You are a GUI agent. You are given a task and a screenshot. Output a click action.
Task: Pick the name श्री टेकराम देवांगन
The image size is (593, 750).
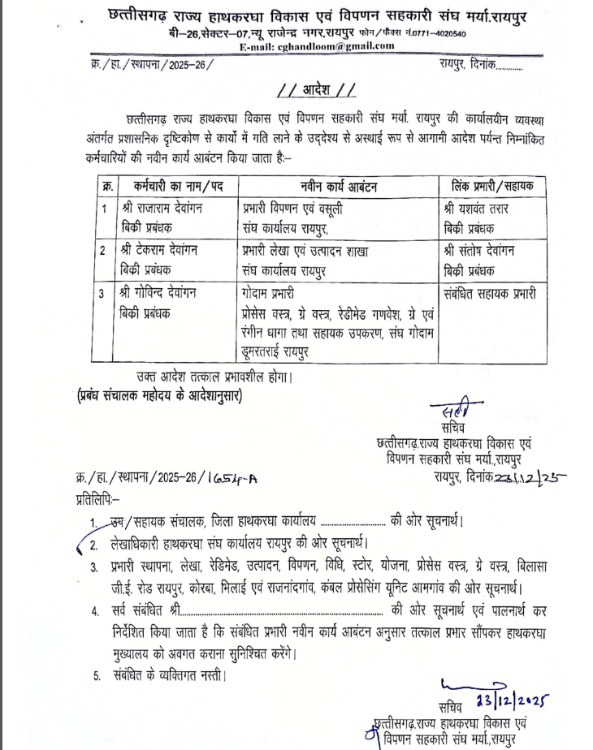[x=162, y=251]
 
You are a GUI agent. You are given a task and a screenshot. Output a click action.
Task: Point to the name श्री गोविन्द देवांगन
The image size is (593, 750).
[x=162, y=292]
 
